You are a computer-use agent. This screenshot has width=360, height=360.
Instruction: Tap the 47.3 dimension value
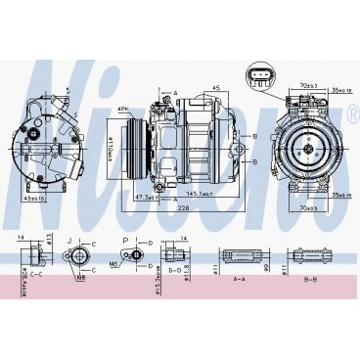click(145, 195)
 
